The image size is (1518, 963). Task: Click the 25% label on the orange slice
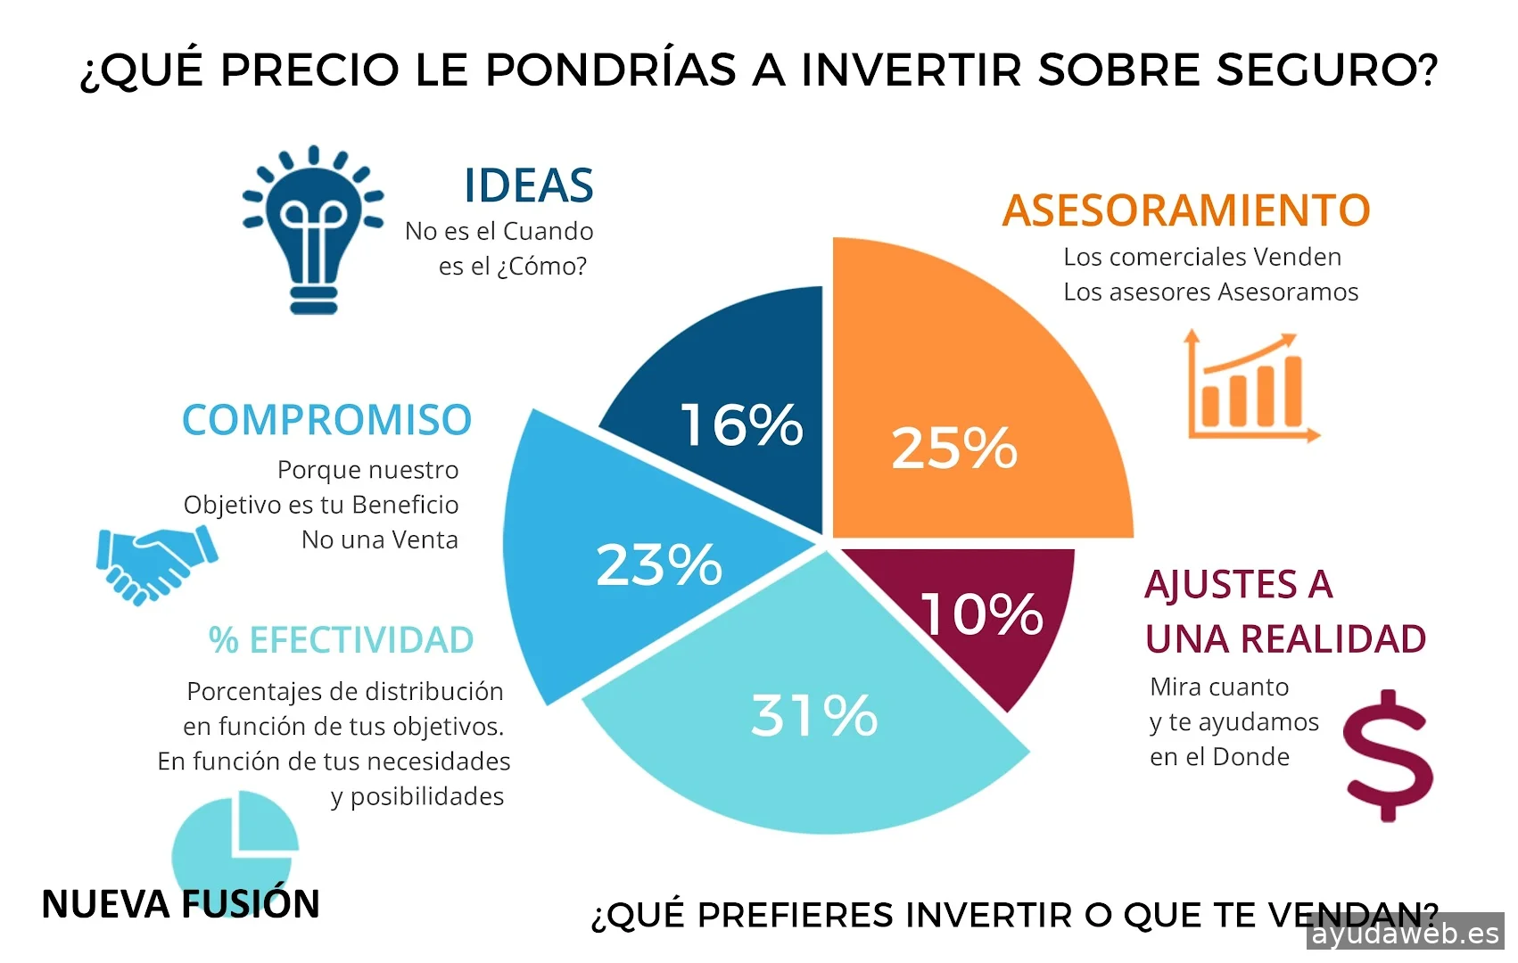point(954,448)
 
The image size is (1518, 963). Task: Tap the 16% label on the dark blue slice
point(741,424)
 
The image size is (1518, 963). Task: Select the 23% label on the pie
point(659,565)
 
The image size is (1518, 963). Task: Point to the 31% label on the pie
point(814,715)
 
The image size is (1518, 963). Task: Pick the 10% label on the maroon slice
point(981,613)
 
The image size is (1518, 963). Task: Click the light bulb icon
point(312,230)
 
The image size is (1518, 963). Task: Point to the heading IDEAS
point(528,186)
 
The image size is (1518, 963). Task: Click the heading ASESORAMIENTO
point(1185,211)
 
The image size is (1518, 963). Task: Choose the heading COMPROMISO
point(326,420)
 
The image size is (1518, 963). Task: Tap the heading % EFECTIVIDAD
point(341,640)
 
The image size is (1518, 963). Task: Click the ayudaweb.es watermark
point(1406,934)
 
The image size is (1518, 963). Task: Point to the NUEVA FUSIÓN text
point(180,904)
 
